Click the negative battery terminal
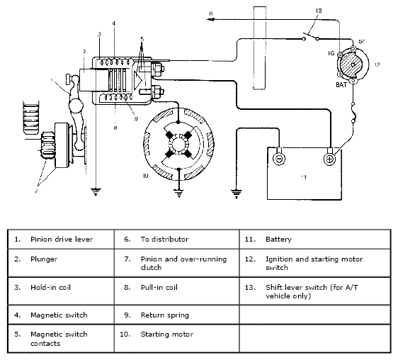(279, 159)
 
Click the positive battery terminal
(330, 159)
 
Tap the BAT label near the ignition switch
(341, 85)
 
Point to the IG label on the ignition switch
(331, 53)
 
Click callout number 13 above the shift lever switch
(319, 11)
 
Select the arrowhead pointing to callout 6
(210, 19)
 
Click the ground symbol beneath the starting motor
(179, 193)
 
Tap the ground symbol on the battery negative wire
(237, 194)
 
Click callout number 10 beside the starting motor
(145, 176)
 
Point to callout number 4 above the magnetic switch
(114, 23)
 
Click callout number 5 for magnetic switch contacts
(142, 39)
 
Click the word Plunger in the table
(44, 259)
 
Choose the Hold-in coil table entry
(50, 287)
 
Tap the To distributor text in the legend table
(164, 240)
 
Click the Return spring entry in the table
(165, 315)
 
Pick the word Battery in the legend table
(279, 240)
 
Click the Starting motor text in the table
(167, 334)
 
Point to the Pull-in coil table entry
(159, 287)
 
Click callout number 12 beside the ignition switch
(377, 64)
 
